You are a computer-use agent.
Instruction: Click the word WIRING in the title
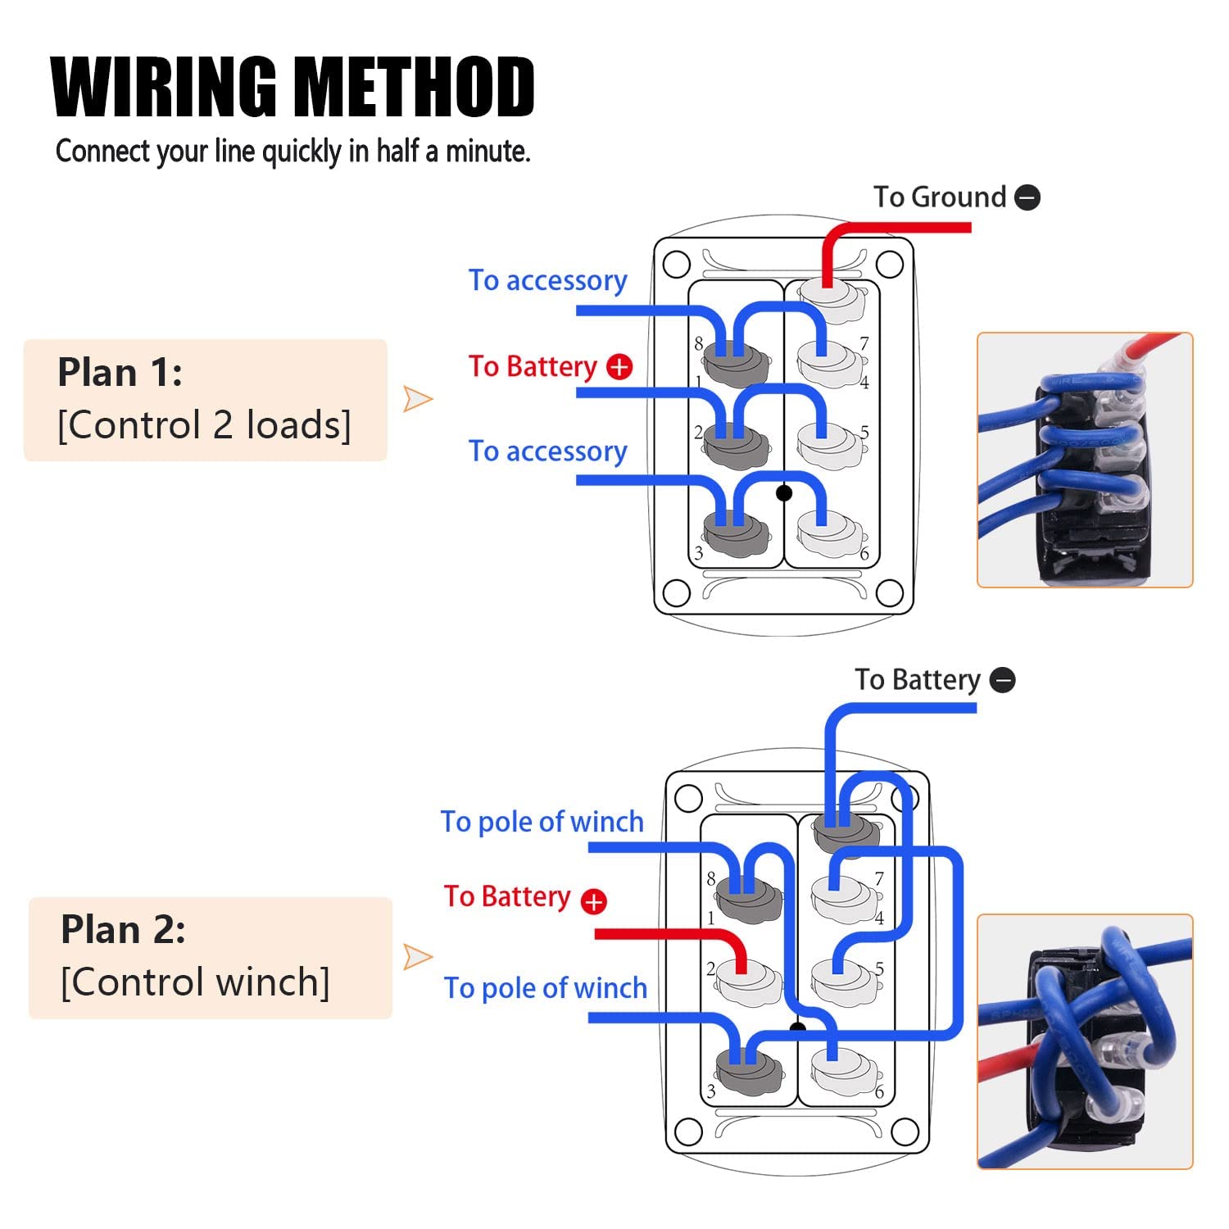click(165, 87)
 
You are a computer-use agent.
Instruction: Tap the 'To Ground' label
click(939, 197)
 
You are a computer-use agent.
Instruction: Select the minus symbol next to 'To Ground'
click(1027, 197)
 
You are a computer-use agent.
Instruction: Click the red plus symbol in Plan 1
click(619, 367)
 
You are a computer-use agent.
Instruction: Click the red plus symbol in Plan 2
click(593, 901)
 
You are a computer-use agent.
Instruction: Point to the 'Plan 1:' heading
click(120, 373)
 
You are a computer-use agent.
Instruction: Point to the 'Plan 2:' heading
click(123, 930)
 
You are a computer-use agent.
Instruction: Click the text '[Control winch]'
click(195, 982)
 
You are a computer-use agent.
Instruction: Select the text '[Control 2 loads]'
click(204, 425)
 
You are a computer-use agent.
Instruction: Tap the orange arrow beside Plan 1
click(418, 399)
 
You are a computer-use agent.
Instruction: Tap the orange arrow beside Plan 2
click(418, 956)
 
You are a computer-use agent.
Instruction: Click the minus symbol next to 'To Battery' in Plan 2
click(1003, 680)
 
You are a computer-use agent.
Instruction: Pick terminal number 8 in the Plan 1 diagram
click(699, 343)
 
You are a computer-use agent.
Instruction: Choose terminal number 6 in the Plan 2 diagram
click(879, 1092)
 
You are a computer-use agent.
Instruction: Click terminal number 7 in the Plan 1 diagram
click(864, 343)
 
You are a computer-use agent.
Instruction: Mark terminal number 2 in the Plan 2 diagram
click(710, 968)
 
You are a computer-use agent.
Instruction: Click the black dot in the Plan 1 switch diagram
click(784, 492)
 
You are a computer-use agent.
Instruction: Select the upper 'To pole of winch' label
click(542, 822)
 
